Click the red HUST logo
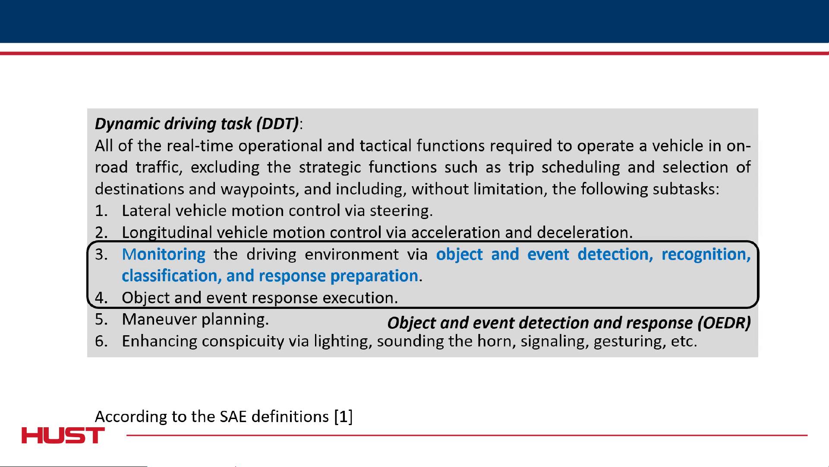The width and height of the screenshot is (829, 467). coord(63,435)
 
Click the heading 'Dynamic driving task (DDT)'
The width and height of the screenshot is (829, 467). coord(197,124)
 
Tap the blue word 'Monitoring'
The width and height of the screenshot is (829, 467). coord(164,254)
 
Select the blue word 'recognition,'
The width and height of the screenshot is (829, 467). coord(706,254)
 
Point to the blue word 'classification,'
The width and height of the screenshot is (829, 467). coord(172,276)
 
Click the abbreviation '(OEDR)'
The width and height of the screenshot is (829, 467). coord(724,323)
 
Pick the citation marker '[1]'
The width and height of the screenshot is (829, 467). coord(344,416)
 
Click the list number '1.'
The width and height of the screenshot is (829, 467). coord(101,211)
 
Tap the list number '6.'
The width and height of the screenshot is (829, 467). coord(101,341)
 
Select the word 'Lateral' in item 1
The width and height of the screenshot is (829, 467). coord(146,211)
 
